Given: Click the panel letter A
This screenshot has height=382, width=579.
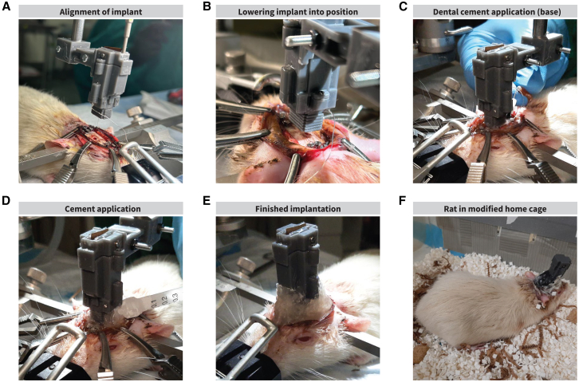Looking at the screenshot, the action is click(x=6, y=6).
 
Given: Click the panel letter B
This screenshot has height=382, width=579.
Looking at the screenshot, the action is click(x=207, y=6).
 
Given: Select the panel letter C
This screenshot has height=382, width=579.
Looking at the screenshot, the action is click(x=403, y=6).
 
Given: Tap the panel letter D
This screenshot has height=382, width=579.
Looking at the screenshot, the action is click(x=6, y=200).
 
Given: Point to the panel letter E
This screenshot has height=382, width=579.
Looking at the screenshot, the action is click(x=207, y=200).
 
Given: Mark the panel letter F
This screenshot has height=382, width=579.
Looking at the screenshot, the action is click(x=403, y=200).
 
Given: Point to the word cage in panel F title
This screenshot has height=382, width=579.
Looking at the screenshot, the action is click(x=538, y=210).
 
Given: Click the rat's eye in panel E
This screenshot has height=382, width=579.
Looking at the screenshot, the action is click(x=304, y=339).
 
